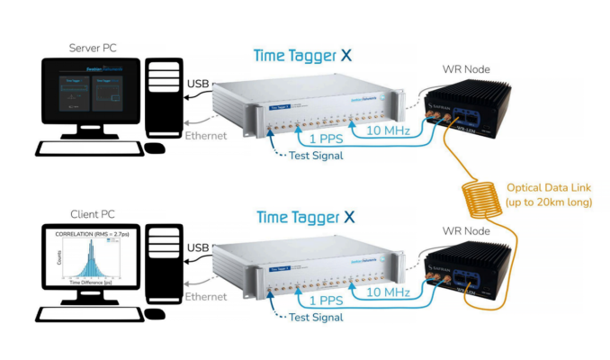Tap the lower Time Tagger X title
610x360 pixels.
(304, 217)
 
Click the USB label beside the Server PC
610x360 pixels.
(199, 85)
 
